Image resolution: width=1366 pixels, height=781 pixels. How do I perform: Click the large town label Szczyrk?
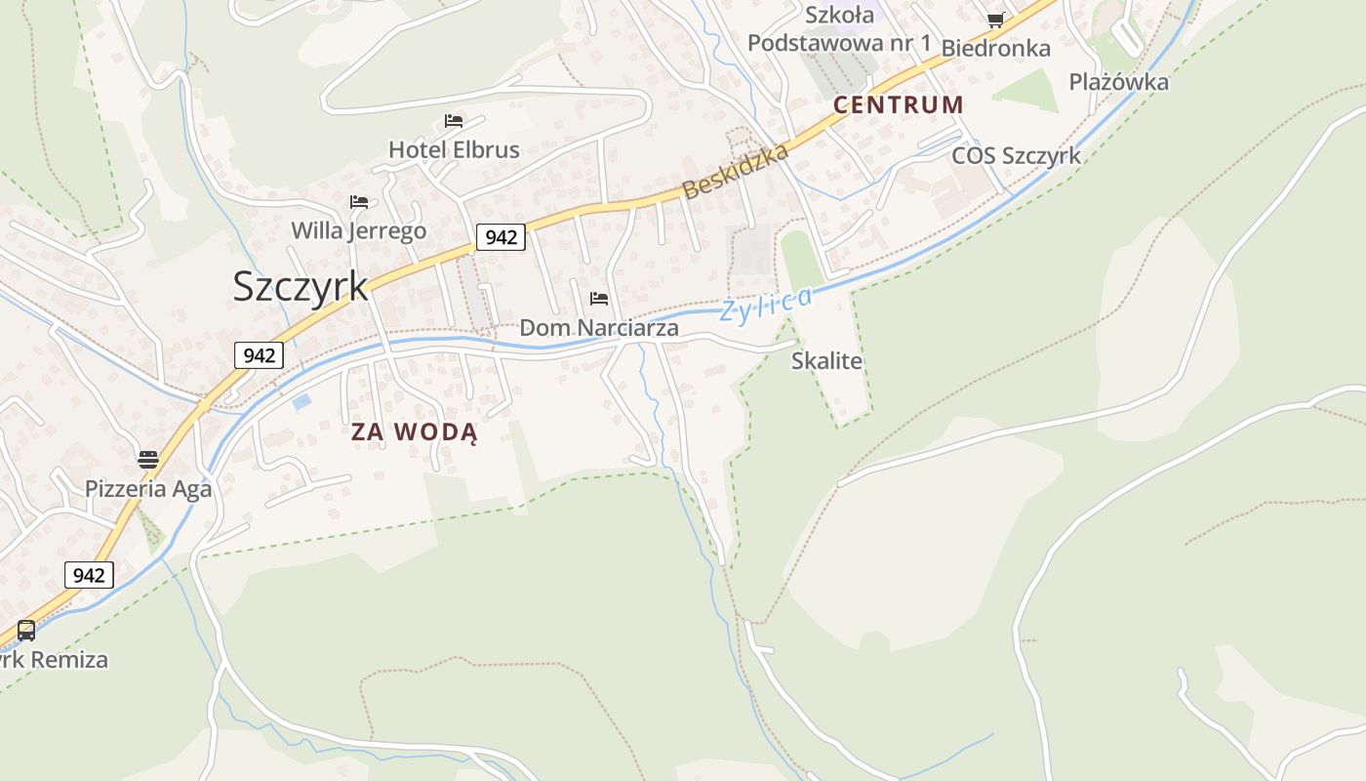click(x=301, y=286)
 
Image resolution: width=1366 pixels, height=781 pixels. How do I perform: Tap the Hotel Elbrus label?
click(x=454, y=149)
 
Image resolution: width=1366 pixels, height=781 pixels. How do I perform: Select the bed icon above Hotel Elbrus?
click(x=454, y=121)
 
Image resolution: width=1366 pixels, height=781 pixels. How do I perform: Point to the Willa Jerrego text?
click(x=359, y=230)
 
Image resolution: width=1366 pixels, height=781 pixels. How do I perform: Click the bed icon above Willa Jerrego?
click(x=359, y=202)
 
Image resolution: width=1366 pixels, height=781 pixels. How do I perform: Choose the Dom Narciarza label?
click(x=598, y=327)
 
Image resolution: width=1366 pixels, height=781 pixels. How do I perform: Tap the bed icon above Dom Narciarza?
click(x=599, y=298)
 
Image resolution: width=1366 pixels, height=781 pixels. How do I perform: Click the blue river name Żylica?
click(x=766, y=305)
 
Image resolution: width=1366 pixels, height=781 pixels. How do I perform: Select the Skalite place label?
click(x=826, y=360)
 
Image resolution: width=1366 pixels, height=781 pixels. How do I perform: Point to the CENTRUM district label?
click(x=899, y=104)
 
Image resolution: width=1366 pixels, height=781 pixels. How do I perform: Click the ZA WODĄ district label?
click(x=415, y=432)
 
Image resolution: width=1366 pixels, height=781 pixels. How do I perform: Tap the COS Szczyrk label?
click(x=1016, y=155)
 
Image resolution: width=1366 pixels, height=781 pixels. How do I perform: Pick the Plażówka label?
click(x=1118, y=81)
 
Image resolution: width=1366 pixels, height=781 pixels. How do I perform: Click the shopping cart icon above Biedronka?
click(x=995, y=20)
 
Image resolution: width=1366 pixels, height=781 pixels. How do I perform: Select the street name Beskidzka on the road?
click(x=736, y=171)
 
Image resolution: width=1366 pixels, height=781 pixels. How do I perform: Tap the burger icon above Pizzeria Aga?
click(x=148, y=459)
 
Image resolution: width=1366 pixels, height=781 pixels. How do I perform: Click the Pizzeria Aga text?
click(x=148, y=488)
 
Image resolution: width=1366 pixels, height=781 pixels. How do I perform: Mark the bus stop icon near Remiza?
click(x=26, y=631)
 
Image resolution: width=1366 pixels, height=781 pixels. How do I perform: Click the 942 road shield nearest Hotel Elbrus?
click(x=501, y=236)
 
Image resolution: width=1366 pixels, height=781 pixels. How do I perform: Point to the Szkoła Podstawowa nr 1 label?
click(x=839, y=29)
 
